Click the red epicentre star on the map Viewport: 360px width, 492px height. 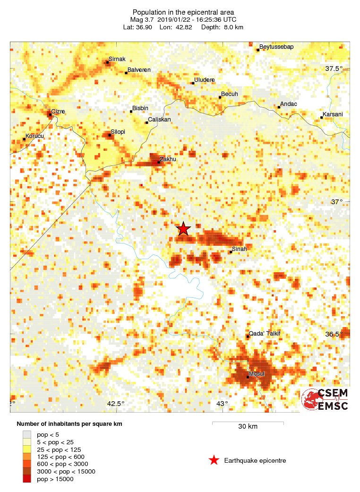[x=183, y=229]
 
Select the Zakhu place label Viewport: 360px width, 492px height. [x=168, y=159]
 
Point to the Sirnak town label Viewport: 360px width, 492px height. [x=117, y=60]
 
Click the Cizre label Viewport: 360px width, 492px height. [x=58, y=112]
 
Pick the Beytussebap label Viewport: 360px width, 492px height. [x=274, y=47]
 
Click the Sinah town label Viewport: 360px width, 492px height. [x=240, y=249]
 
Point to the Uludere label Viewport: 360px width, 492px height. [x=205, y=80]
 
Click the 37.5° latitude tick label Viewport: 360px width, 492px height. [x=334, y=69]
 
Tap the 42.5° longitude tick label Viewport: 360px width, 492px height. [x=116, y=404]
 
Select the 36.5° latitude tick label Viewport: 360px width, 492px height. [x=334, y=334]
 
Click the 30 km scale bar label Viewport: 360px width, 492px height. [x=248, y=427]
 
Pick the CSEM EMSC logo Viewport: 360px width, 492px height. [x=325, y=399]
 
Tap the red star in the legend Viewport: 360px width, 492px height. [x=214, y=460]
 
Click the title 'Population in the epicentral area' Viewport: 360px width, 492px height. [x=183, y=12]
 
